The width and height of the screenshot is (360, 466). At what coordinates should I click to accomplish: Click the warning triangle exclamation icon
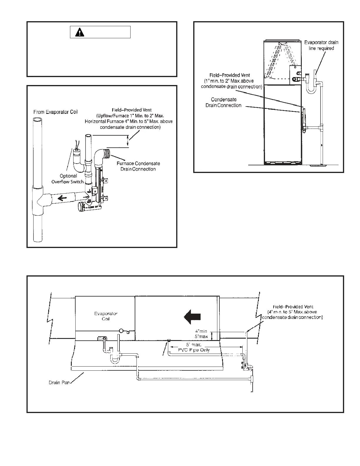[x=79, y=32]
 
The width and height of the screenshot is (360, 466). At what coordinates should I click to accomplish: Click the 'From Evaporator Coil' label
[x=56, y=112]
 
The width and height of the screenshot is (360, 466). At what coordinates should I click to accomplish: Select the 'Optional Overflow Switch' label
[x=68, y=179]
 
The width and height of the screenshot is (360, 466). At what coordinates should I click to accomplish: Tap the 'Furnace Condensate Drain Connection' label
[x=138, y=166]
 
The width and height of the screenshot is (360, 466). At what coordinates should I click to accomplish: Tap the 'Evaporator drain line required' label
[x=321, y=45]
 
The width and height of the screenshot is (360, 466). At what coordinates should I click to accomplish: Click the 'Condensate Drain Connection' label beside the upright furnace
[x=224, y=102]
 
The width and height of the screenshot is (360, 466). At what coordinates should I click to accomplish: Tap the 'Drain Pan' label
[x=59, y=383]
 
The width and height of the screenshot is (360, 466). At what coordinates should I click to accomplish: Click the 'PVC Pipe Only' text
[x=194, y=350]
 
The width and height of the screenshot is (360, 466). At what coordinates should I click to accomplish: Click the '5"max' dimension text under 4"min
[x=201, y=336]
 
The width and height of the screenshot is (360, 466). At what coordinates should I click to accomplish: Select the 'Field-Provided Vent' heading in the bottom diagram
[x=293, y=307]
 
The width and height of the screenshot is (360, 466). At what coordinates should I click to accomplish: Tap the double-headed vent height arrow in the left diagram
[x=127, y=141]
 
